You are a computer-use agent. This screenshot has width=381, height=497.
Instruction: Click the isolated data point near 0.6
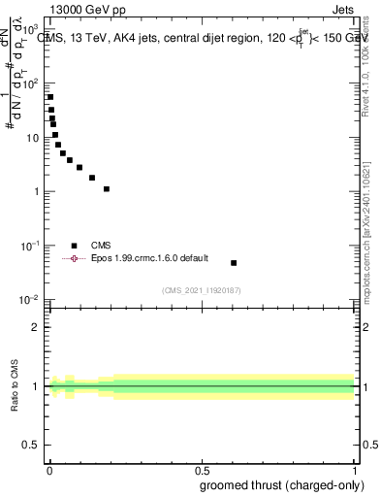tap(234, 263)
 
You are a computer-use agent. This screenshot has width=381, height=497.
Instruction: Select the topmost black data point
tap(50, 97)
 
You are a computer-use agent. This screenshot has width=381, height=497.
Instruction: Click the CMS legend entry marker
tap(74, 246)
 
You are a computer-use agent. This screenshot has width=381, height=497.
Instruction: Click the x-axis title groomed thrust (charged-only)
tap(282, 484)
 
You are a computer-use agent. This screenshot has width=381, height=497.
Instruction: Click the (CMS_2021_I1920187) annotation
tap(201, 290)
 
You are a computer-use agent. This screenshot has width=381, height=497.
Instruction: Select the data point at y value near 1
tap(107, 189)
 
